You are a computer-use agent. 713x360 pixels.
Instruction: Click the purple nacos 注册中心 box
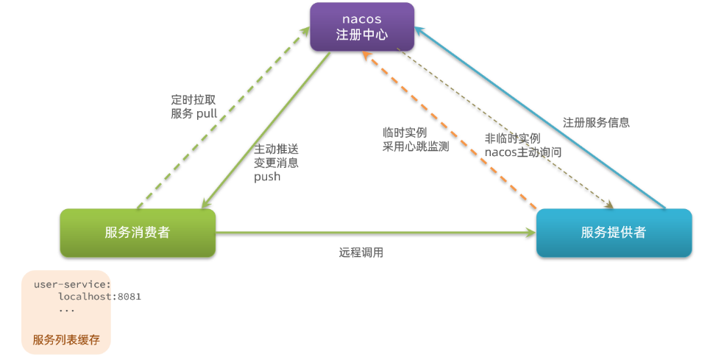[361, 27]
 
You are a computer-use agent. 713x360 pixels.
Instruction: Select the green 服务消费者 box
[138, 233]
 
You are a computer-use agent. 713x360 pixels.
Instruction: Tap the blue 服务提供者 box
[614, 233]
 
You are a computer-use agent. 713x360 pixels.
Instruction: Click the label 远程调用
[361, 253]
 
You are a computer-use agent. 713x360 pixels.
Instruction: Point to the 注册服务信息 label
[596, 122]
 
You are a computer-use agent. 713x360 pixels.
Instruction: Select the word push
[267, 177]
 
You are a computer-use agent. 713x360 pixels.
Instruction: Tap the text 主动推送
[276, 149]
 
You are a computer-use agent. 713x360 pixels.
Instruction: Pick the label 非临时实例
[512, 138]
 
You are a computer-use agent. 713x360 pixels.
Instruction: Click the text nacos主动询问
[523, 152]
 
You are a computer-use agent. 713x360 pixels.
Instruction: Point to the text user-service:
[72, 283]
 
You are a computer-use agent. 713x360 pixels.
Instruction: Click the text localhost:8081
[99, 296]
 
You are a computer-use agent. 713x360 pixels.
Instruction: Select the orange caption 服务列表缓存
[66, 340]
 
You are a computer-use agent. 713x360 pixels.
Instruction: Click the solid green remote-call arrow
[375, 233]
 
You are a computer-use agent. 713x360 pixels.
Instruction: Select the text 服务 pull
[194, 114]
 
